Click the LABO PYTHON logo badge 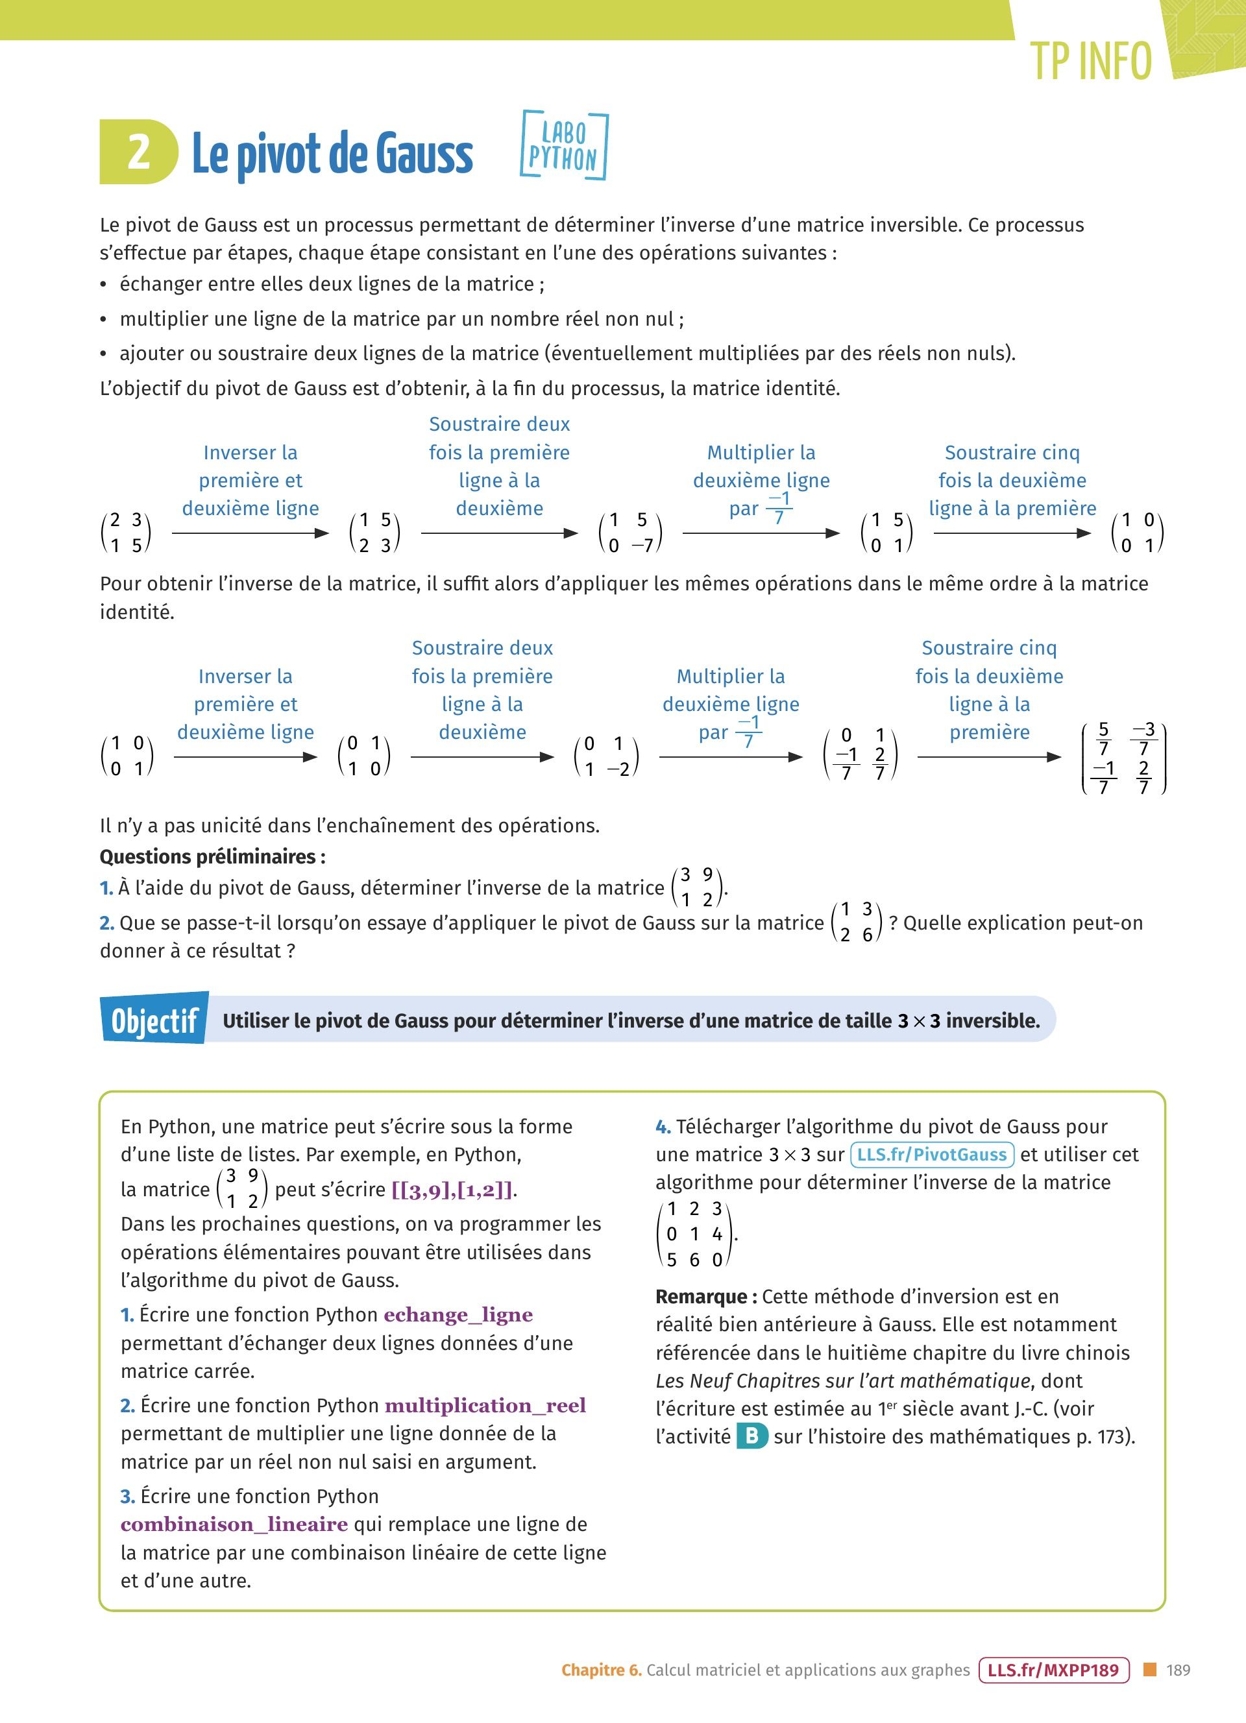click(x=564, y=146)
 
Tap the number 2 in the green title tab click(x=138, y=152)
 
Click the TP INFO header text click(x=1090, y=61)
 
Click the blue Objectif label click(x=154, y=1020)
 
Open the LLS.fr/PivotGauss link click(x=931, y=1155)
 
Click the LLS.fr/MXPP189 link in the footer click(x=1053, y=1670)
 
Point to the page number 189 click(x=1179, y=1670)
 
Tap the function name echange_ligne click(x=458, y=1315)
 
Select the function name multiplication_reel click(x=485, y=1405)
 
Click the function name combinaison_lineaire click(x=234, y=1524)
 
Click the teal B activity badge click(x=751, y=1436)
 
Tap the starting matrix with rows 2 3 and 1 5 click(x=126, y=533)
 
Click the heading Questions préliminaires click(x=213, y=856)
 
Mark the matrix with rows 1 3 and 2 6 click(x=856, y=922)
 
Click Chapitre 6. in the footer click(x=601, y=1670)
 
